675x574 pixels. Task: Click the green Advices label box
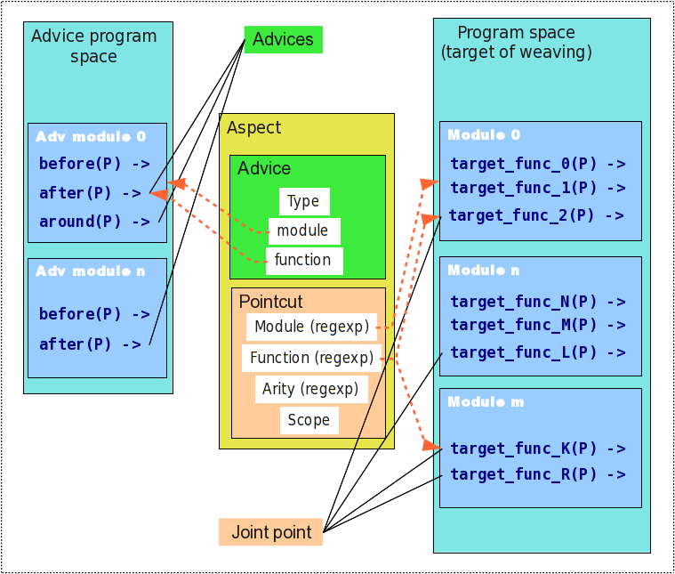284,40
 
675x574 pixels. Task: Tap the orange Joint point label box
270,532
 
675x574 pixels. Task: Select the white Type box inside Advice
304,201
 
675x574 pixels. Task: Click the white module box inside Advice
304,231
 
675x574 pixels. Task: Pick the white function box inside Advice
304,261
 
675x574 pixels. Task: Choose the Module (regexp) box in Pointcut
311,327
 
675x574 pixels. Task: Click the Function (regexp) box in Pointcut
311,358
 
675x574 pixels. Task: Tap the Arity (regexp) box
311,389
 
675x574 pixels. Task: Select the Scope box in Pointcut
309,420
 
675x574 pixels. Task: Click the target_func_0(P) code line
538,164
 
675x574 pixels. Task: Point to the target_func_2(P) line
536,215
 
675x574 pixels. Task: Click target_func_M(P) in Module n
538,325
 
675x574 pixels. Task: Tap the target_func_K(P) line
538,449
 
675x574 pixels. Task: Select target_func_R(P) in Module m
538,474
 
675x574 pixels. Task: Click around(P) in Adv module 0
94,222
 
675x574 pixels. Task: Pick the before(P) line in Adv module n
94,314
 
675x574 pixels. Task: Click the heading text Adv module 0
91,137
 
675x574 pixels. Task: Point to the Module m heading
486,402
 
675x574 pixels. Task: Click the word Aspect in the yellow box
254,128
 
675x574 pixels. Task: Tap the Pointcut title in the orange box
270,302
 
